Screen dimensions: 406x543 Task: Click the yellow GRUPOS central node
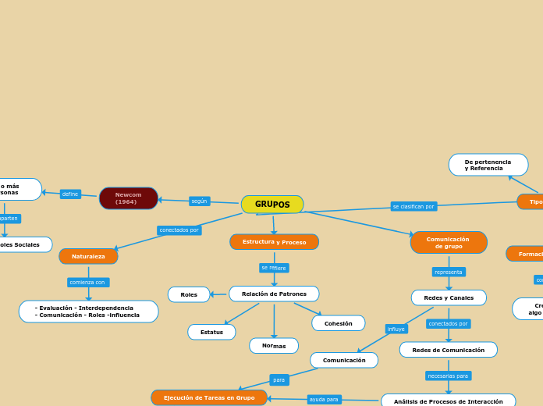click(272, 205)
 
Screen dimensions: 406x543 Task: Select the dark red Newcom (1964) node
click(129, 198)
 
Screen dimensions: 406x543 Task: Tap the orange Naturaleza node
click(88, 256)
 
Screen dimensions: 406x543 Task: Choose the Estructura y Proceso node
click(274, 242)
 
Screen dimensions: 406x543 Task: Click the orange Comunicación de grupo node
click(449, 243)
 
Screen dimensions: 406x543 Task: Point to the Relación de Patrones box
click(274, 294)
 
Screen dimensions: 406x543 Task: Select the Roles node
click(189, 294)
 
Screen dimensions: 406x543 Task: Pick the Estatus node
click(211, 332)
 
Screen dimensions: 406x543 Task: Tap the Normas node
click(274, 345)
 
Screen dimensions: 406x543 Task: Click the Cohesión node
click(339, 323)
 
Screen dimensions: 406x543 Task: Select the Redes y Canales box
click(449, 297)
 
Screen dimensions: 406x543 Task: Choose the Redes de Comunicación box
click(449, 350)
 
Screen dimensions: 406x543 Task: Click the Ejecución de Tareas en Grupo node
click(209, 397)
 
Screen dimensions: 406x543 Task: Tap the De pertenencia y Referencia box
click(488, 165)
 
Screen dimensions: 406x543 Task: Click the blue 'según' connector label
click(200, 201)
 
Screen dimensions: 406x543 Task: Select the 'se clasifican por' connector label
click(413, 206)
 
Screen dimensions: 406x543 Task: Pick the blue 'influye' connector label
click(396, 329)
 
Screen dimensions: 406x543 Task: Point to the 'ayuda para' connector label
click(324, 399)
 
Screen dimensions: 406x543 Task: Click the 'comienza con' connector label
click(87, 282)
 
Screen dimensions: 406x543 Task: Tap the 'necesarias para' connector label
click(449, 376)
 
